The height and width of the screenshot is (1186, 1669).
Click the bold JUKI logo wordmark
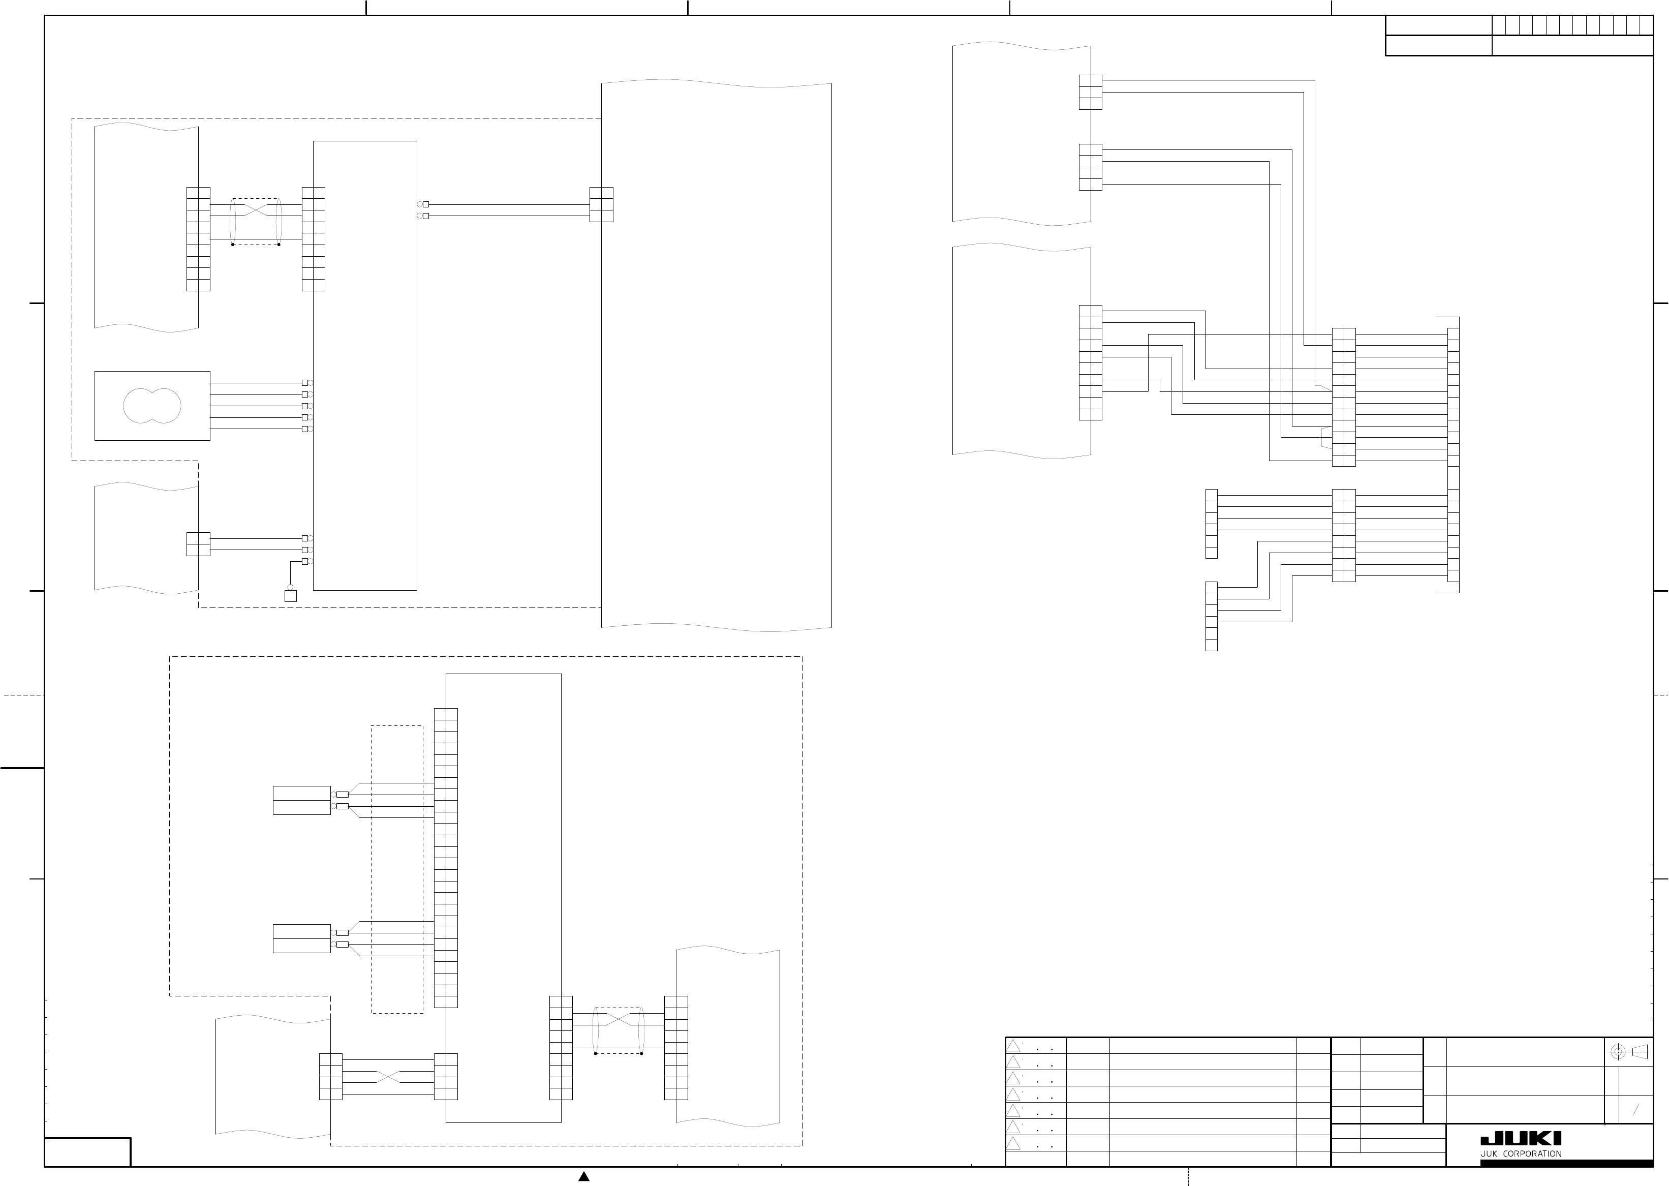click(1520, 1139)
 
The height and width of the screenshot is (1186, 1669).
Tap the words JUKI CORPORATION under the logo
click(1520, 1154)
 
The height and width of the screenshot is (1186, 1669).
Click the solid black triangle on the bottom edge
click(583, 1176)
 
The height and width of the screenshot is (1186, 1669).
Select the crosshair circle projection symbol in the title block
click(1617, 1052)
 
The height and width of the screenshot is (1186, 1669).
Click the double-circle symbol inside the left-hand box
click(152, 406)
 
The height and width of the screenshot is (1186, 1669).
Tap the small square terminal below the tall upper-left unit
click(291, 596)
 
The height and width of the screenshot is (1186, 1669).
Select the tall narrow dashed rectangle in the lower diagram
click(396, 869)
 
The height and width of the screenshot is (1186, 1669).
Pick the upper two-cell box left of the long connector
click(301, 800)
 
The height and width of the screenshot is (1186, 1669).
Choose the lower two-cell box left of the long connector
click(301, 938)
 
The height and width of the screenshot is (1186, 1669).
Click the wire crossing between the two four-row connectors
click(387, 1077)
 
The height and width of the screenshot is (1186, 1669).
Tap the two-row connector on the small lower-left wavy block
click(198, 544)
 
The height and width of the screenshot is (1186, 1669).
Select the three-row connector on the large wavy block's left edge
click(601, 204)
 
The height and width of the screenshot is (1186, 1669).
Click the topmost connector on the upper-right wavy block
click(1090, 92)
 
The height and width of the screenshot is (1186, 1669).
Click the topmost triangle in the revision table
click(1013, 1046)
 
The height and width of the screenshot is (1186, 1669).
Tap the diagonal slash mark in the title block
click(1636, 1110)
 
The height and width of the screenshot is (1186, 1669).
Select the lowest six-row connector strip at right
click(1211, 616)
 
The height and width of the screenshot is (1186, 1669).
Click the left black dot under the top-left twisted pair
click(233, 245)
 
